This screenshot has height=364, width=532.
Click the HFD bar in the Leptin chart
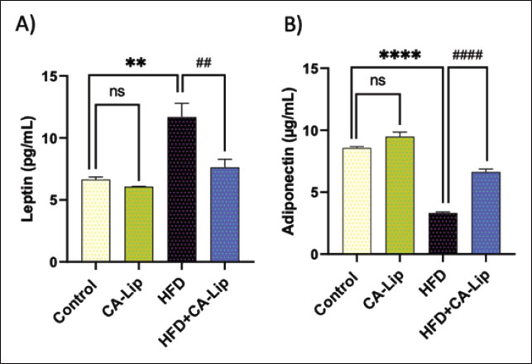pos(181,190)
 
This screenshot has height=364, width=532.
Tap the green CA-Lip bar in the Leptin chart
pos(138,224)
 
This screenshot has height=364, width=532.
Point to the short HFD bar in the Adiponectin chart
pos(443,234)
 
